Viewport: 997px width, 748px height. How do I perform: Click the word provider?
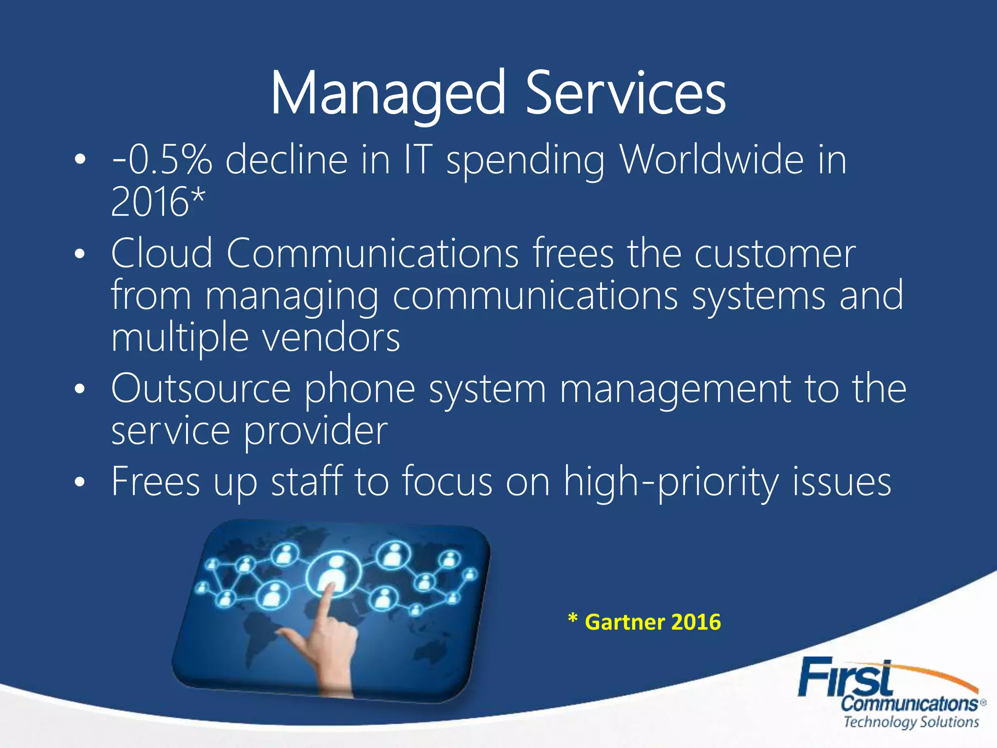point(315,430)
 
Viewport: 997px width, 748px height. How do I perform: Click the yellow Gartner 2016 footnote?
point(645,622)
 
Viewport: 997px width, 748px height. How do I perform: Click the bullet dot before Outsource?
point(80,390)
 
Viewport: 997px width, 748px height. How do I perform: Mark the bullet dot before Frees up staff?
point(80,482)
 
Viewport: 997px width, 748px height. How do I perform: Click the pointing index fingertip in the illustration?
point(330,587)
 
